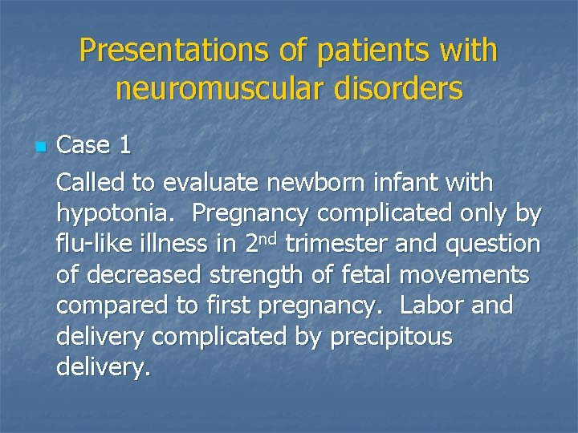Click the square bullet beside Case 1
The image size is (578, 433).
point(41,148)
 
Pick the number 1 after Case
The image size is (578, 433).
point(124,145)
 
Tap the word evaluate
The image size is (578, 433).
point(211,183)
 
